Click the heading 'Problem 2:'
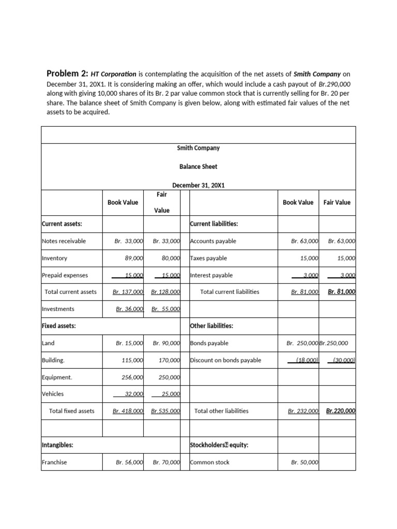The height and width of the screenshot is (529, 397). [x=67, y=73]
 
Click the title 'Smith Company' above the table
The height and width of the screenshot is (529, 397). [x=198, y=148]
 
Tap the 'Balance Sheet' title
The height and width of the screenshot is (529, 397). [x=198, y=166]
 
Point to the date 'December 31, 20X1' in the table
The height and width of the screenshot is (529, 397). [x=198, y=185]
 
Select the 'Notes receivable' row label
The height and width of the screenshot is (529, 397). [x=64, y=241]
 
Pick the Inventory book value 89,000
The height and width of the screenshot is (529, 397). [x=134, y=258]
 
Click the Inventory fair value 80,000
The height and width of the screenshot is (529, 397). [x=170, y=258]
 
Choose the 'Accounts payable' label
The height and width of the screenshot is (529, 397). [x=213, y=241]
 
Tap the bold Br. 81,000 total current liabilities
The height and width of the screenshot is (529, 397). [x=341, y=292]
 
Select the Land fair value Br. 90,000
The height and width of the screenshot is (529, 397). [x=166, y=343]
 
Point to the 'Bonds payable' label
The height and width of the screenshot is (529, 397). [x=209, y=343]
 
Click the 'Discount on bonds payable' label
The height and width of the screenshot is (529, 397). [x=226, y=360]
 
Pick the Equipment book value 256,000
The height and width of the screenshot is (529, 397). [x=132, y=377]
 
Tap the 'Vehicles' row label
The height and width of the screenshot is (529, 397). [x=53, y=394]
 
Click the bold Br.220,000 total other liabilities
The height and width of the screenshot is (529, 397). [x=341, y=411]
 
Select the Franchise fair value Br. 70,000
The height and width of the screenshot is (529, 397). [x=166, y=462]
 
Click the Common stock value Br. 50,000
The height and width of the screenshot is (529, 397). [x=304, y=462]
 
